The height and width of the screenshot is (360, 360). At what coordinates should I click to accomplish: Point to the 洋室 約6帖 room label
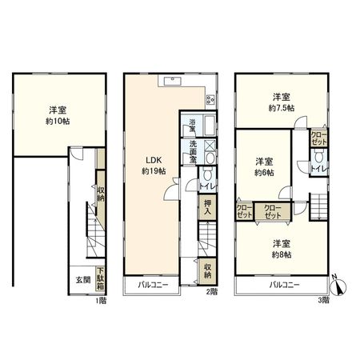pos(265,166)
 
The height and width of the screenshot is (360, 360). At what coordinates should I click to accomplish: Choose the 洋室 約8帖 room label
pos(280,248)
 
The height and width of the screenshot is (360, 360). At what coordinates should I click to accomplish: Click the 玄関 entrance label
pos(82,280)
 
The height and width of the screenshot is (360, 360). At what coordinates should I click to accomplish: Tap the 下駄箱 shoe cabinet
pos(100,278)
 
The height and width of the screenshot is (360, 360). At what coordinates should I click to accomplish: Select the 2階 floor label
pos(211,292)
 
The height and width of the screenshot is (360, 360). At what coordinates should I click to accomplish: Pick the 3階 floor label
pos(323,299)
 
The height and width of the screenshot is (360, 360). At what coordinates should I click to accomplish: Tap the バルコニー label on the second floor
pos(152,285)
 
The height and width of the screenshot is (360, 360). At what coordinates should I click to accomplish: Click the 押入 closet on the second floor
pos(206,208)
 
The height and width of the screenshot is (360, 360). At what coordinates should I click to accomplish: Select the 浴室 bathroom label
pos(193,126)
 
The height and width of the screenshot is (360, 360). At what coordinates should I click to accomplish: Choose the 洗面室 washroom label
pos(194,152)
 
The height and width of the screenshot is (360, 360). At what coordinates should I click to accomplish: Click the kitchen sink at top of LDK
pos(170,79)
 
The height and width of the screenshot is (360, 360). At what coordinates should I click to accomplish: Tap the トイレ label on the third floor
pos(317,169)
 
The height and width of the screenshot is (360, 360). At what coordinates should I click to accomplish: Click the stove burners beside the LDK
pos(210,100)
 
